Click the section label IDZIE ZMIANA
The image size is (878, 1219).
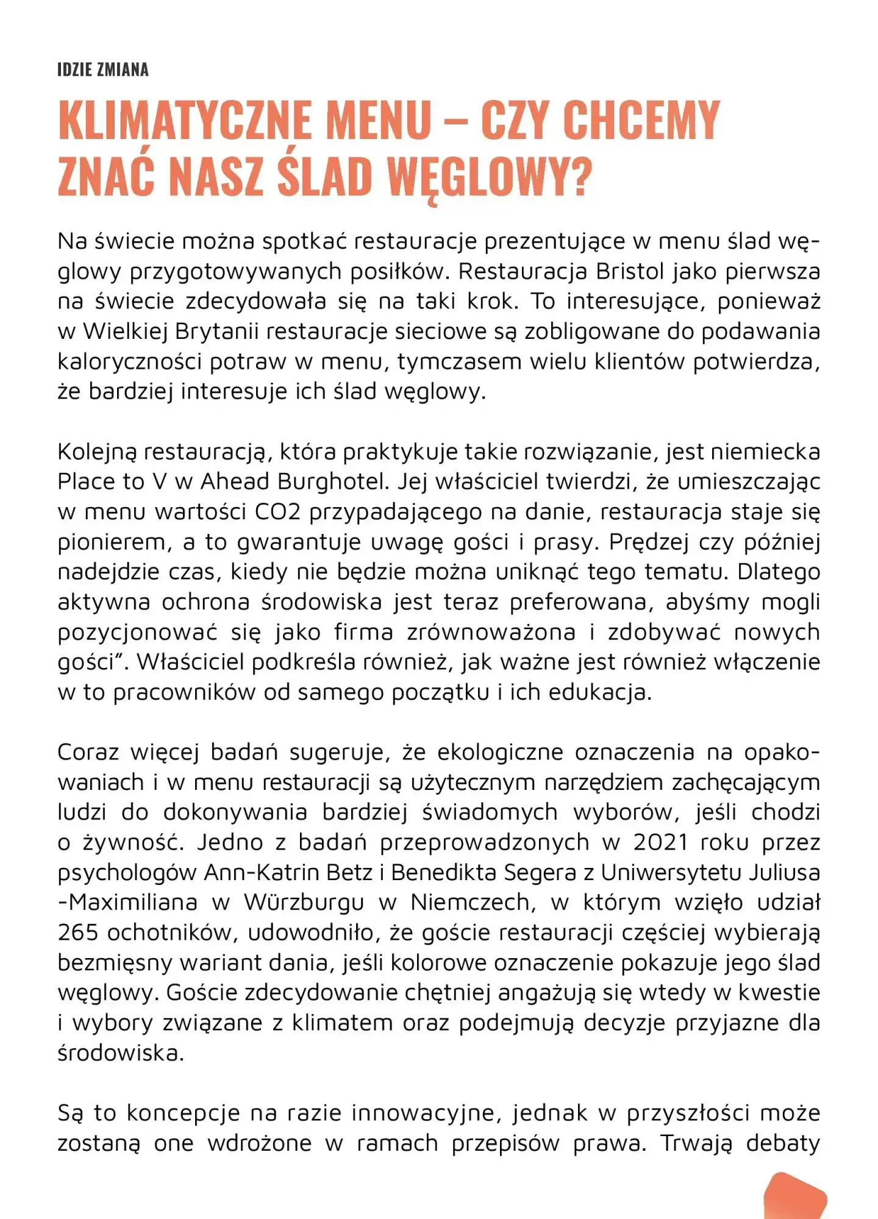click(x=102, y=69)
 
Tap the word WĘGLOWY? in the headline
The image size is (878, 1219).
click(x=490, y=177)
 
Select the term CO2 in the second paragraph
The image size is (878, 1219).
click(x=277, y=512)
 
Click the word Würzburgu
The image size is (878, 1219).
click(x=304, y=902)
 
